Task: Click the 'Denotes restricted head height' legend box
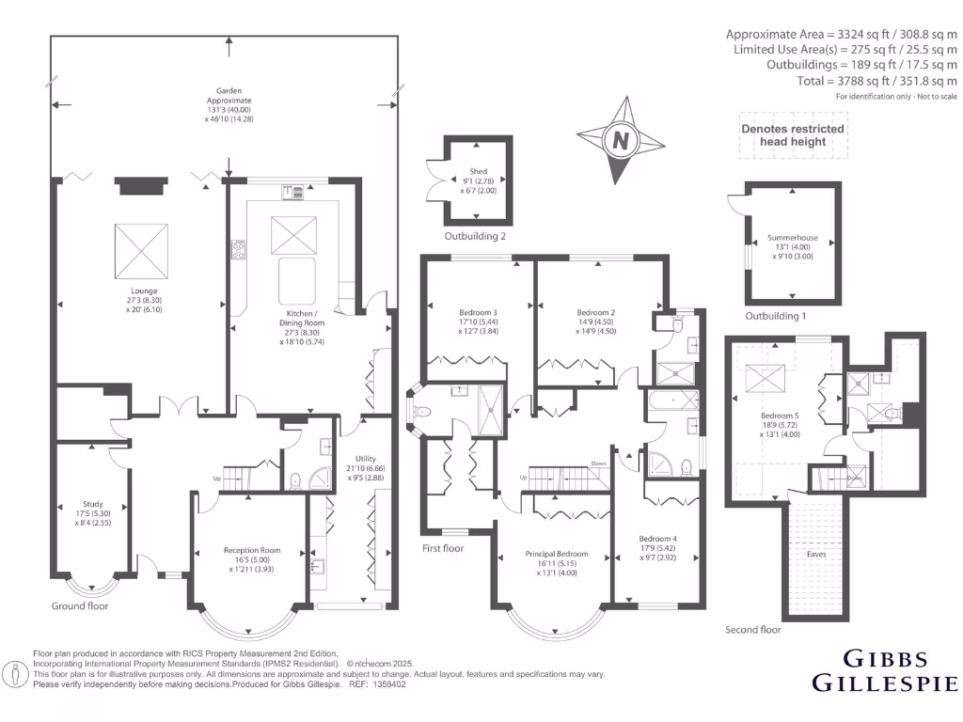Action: coord(793,135)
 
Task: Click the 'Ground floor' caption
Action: coord(79,606)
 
